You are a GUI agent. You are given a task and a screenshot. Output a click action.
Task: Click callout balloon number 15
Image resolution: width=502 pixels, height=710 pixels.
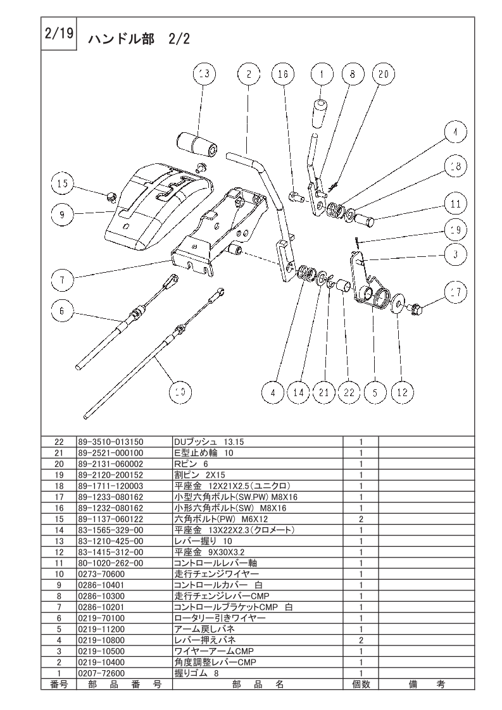tap(63, 184)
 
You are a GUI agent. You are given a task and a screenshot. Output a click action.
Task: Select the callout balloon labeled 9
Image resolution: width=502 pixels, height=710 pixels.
tap(63, 214)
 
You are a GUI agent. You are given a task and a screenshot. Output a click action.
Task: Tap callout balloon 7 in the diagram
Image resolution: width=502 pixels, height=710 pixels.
tap(63, 280)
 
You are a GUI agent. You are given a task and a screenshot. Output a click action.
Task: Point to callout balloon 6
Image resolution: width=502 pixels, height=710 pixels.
tap(62, 311)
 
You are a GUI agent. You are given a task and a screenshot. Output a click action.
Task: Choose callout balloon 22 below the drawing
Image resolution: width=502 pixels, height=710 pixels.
tap(349, 392)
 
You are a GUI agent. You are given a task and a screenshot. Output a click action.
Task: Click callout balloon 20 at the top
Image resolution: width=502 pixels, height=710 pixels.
tap(384, 74)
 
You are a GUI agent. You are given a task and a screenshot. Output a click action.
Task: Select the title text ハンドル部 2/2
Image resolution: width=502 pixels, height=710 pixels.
tap(139, 39)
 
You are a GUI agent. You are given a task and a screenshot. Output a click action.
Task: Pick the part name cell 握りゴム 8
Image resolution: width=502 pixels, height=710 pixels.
tap(196, 673)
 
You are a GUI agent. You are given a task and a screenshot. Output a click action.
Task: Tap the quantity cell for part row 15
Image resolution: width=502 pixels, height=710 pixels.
tap(361, 519)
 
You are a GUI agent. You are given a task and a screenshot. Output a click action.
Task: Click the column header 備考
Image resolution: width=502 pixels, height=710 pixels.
tap(427, 684)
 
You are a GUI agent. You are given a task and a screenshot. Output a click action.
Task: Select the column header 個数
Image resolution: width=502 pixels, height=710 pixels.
tap(361, 684)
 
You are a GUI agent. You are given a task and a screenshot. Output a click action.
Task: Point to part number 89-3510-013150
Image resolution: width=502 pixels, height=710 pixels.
tap(111, 442)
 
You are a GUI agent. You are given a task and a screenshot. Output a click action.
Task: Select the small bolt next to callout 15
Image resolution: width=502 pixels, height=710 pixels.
tap(111, 197)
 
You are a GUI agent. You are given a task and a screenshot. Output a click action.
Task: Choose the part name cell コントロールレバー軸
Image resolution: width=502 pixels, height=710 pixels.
tap(215, 563)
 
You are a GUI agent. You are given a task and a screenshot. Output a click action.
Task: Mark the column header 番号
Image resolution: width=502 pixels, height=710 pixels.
tap(59, 684)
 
